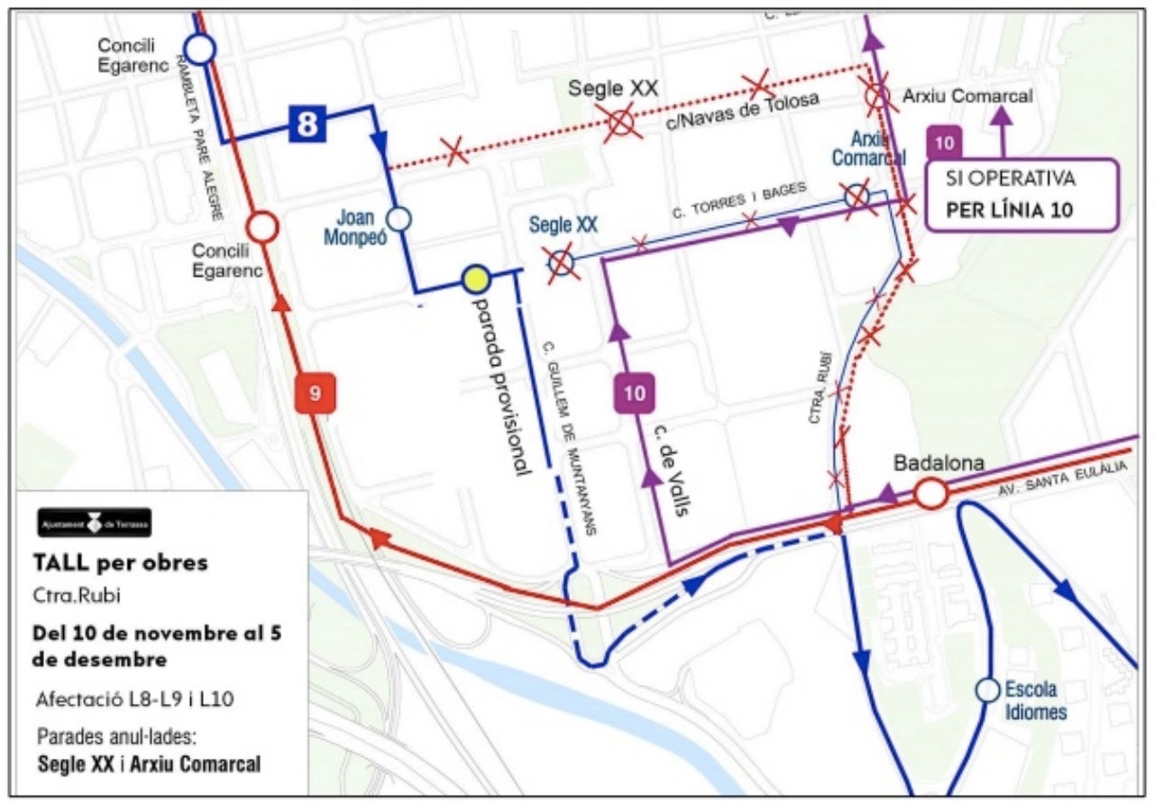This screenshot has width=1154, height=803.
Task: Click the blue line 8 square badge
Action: (x=307, y=123)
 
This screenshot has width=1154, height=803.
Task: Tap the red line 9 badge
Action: (x=316, y=393)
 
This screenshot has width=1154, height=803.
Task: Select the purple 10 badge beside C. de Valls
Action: (x=635, y=393)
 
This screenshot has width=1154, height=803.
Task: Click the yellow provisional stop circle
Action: (x=475, y=280)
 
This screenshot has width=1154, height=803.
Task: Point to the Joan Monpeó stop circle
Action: (x=398, y=218)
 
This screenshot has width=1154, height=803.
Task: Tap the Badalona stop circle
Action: (x=930, y=494)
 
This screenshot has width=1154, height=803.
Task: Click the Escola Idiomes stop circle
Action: (x=987, y=690)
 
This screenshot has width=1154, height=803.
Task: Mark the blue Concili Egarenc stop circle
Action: (x=199, y=49)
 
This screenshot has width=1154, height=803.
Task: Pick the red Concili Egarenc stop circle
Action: (x=262, y=227)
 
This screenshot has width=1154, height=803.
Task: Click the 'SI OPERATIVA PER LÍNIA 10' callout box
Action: (x=1022, y=196)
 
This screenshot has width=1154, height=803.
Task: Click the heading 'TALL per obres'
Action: (x=120, y=562)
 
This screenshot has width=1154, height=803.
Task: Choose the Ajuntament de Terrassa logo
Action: (x=94, y=523)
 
